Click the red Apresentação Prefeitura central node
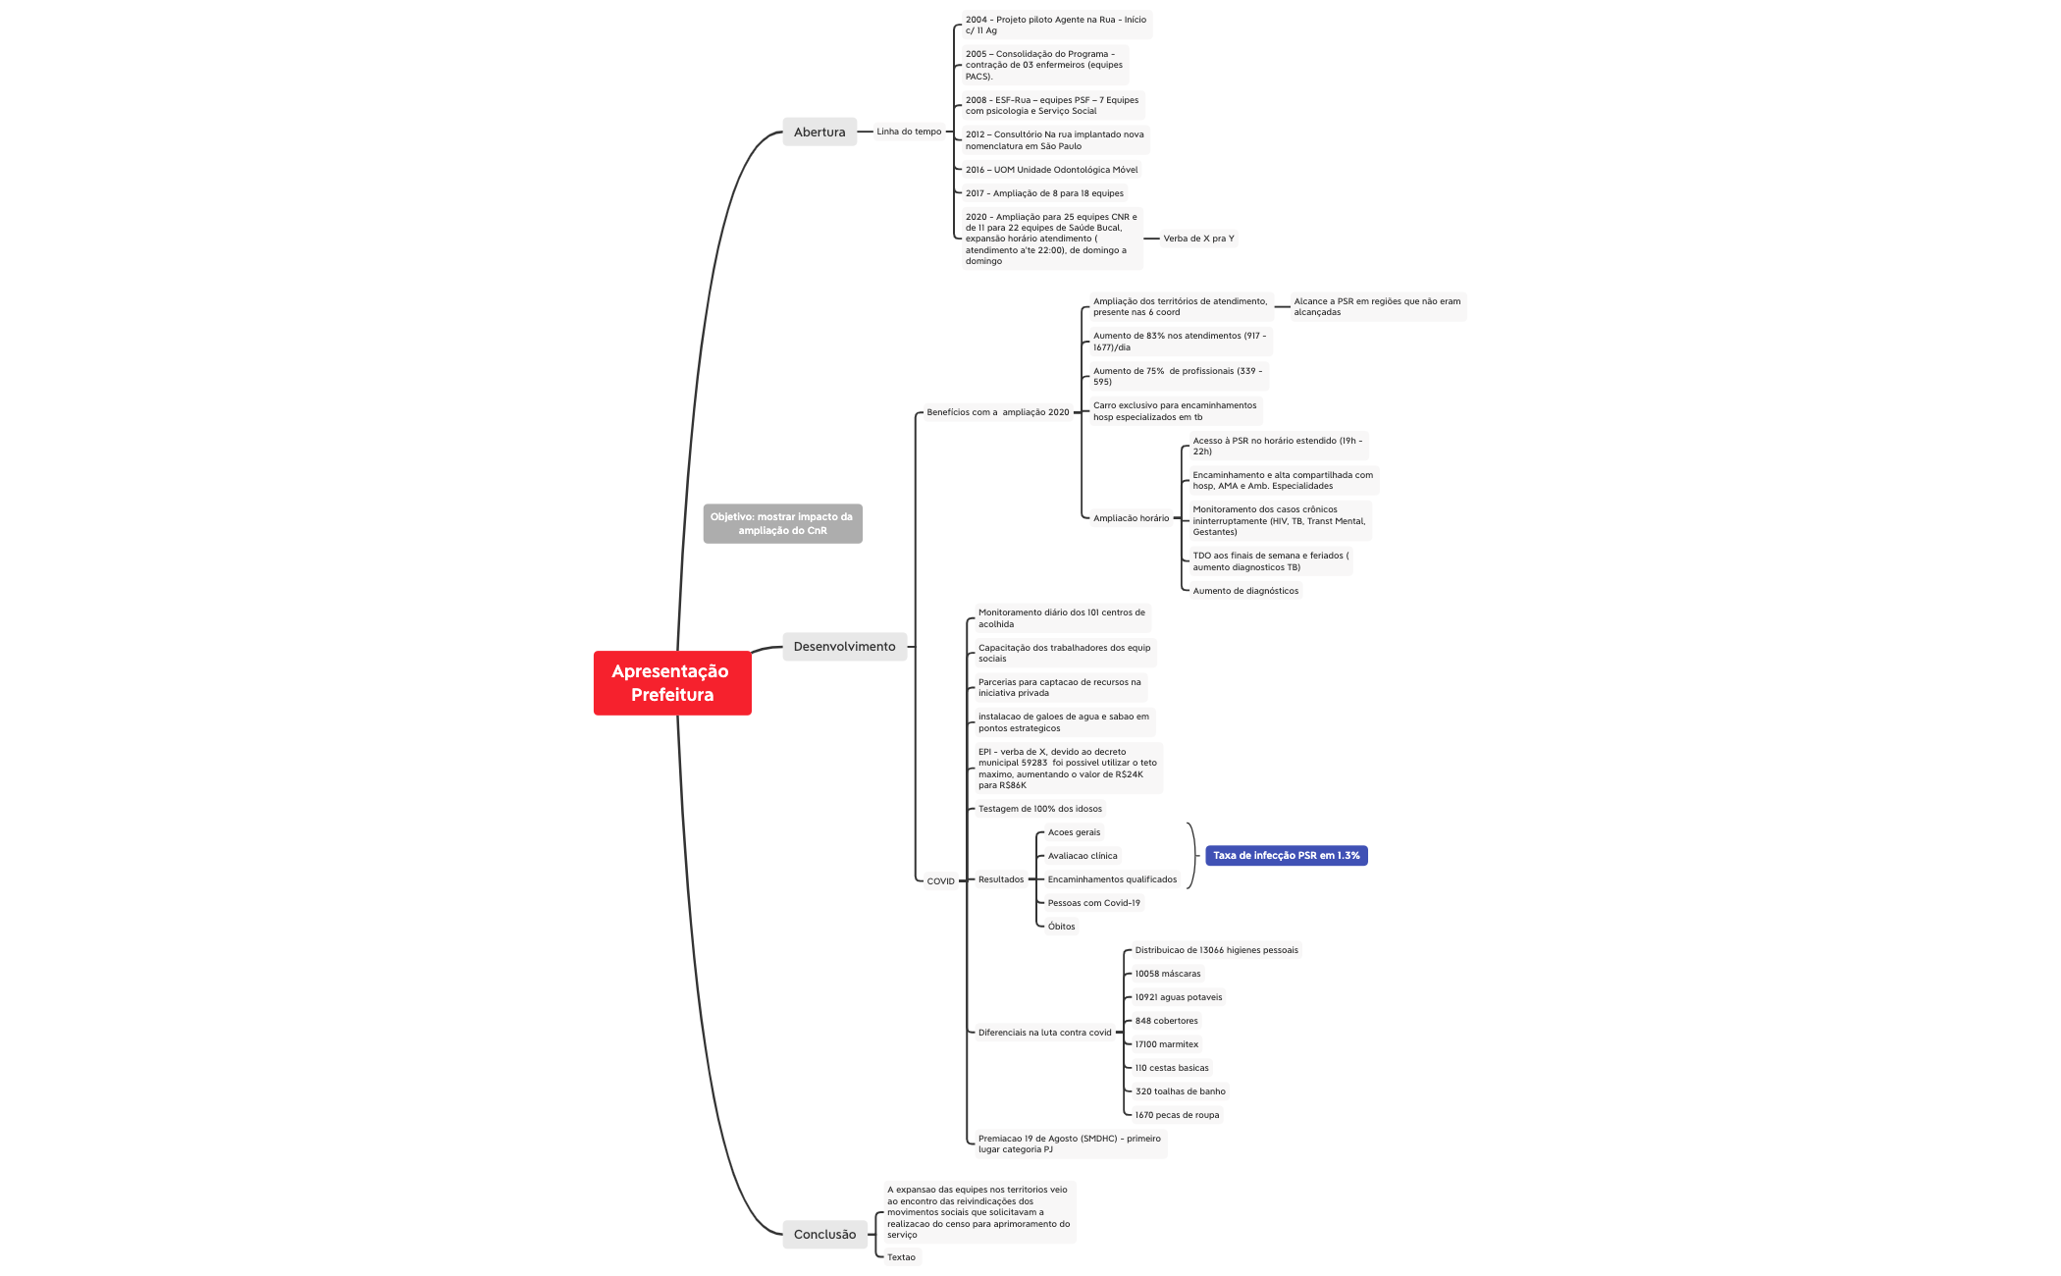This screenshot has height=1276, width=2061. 672,683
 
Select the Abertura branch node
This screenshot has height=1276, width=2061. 819,132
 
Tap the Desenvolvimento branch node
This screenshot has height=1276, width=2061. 844,646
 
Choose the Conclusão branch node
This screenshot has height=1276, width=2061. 824,1234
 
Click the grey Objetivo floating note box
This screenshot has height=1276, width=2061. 782,523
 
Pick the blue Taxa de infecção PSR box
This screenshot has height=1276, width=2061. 1286,855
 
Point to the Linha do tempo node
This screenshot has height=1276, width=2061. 909,132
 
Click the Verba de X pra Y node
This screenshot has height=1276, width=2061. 1198,239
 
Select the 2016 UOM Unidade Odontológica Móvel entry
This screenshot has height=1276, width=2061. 1051,170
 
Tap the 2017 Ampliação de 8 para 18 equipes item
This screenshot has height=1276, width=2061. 1044,193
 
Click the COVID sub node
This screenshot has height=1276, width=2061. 940,880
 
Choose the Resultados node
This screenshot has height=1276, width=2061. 1000,879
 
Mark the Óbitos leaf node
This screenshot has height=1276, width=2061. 1061,927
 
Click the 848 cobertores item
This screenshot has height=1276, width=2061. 1166,1021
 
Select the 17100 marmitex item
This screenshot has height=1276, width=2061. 1166,1044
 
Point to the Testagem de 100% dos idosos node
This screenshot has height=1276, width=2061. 1039,809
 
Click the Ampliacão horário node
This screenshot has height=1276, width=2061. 1131,518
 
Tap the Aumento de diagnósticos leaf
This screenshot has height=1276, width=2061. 1245,591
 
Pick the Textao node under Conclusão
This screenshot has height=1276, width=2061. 901,1257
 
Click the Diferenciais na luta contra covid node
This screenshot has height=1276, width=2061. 1044,1033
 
